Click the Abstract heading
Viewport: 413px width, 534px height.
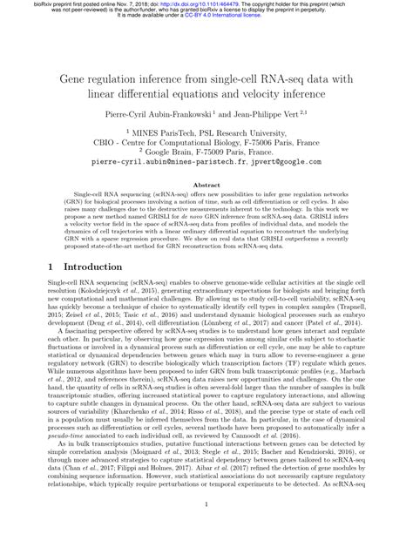[206, 210]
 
